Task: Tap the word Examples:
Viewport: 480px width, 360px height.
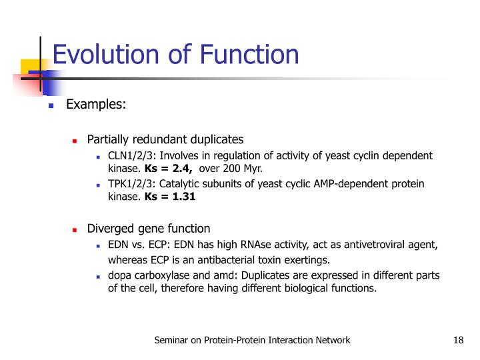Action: [96, 105]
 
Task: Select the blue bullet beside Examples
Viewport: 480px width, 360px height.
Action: [50, 106]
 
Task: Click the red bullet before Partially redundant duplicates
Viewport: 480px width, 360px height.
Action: [75, 141]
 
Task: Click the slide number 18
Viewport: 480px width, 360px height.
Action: [457, 341]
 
